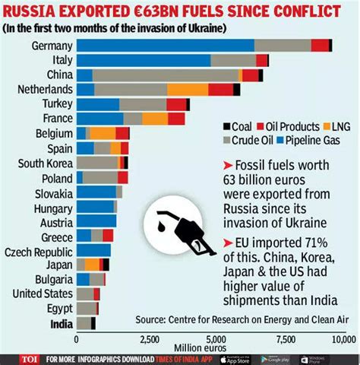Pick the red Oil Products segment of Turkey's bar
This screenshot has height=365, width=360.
176,104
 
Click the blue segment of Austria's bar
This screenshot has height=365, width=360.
96,221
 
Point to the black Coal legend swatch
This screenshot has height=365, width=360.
226,127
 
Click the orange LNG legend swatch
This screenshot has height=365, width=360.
324,127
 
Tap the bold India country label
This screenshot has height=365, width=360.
60,322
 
